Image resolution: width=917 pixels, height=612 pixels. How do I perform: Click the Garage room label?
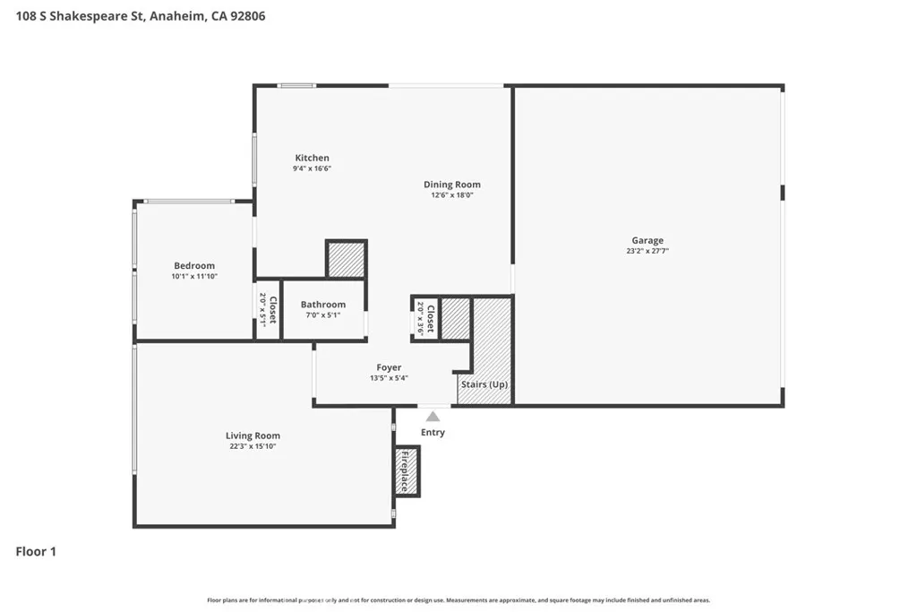(647, 240)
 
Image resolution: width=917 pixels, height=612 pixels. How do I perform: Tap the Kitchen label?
(312, 158)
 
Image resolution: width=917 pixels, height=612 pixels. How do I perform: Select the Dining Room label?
(452, 185)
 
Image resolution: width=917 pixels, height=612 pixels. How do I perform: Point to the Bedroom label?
(194, 265)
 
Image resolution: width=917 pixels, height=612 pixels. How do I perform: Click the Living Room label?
(253, 435)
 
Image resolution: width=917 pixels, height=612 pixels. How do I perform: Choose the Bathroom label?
(322, 305)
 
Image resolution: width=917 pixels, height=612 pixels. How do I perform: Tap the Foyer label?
(389, 367)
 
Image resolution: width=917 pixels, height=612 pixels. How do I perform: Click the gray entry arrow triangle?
(433, 417)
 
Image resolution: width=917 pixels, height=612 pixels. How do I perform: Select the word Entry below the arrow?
(433, 433)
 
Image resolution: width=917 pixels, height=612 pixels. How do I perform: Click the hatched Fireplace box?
(407, 471)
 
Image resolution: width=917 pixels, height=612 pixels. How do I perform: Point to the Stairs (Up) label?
(484, 384)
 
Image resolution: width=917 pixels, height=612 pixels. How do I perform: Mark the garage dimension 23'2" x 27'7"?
(647, 251)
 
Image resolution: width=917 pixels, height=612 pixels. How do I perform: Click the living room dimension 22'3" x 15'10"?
(253, 446)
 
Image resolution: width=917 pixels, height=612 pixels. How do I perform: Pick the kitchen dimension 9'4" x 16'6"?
(313, 168)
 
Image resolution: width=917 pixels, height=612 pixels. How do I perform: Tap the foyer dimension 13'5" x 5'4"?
(389, 378)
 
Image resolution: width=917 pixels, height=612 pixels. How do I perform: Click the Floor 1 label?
(36, 552)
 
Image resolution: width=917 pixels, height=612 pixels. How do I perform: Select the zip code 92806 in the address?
(248, 16)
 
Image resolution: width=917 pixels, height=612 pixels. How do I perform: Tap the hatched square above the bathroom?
(347, 259)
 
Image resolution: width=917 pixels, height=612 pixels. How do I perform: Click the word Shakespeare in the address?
(97, 16)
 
